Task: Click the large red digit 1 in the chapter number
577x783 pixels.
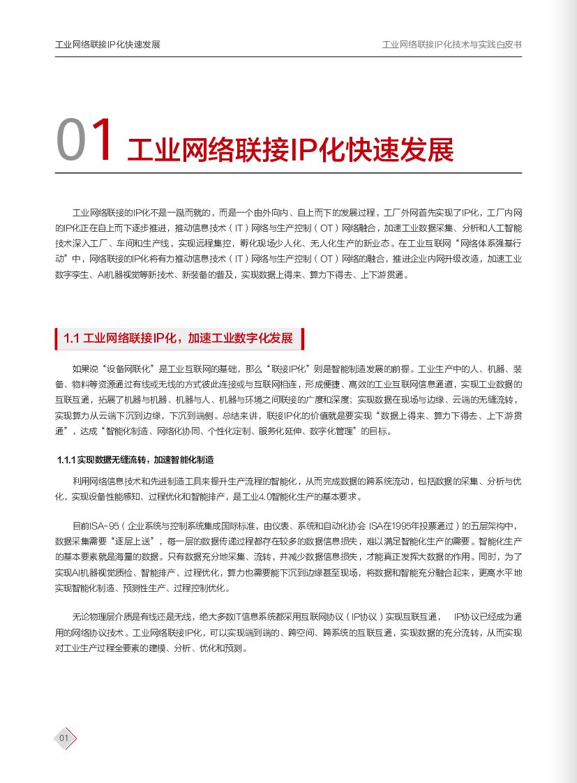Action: pyautogui.click(x=103, y=142)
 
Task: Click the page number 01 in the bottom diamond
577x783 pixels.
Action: pyautogui.click(x=63, y=738)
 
